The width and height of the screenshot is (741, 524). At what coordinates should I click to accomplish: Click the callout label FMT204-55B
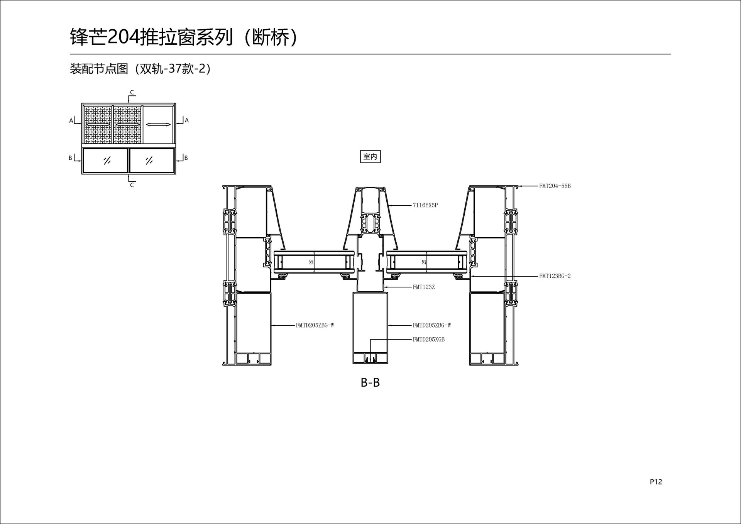pos(555,186)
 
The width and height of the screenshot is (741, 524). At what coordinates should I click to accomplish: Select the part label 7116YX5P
pos(425,205)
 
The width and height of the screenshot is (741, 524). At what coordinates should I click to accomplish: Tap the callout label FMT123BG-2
pos(555,276)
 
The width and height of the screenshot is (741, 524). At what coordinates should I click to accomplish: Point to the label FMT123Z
pos(424,287)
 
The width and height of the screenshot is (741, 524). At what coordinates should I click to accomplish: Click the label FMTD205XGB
pos(428,340)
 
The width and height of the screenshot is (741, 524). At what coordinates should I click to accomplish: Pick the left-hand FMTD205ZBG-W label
pos(315,325)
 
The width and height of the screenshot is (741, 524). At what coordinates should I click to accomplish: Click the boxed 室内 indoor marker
pos(370,157)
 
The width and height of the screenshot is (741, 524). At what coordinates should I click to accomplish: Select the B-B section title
pos(370,382)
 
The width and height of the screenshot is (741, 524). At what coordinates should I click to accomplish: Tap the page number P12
pos(656,482)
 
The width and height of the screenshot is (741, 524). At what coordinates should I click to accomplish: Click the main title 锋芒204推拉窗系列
pos(152,37)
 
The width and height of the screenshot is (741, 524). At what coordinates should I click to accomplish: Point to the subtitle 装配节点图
pos(99,69)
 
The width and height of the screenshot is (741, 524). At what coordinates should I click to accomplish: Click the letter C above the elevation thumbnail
pos(132,92)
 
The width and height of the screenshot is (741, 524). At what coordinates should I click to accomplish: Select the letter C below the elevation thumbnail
pos(132,185)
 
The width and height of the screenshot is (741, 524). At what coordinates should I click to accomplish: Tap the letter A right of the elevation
pos(187,120)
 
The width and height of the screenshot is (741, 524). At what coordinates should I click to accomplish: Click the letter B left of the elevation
pos(70,158)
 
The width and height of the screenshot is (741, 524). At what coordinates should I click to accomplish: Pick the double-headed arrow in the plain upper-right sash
pos(158,124)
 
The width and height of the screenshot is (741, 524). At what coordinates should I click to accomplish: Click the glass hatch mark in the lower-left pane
pos(107,161)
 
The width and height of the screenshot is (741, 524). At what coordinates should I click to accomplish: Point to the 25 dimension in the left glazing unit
pos(311,262)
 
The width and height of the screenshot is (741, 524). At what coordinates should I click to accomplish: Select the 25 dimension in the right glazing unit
pos(424,262)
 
